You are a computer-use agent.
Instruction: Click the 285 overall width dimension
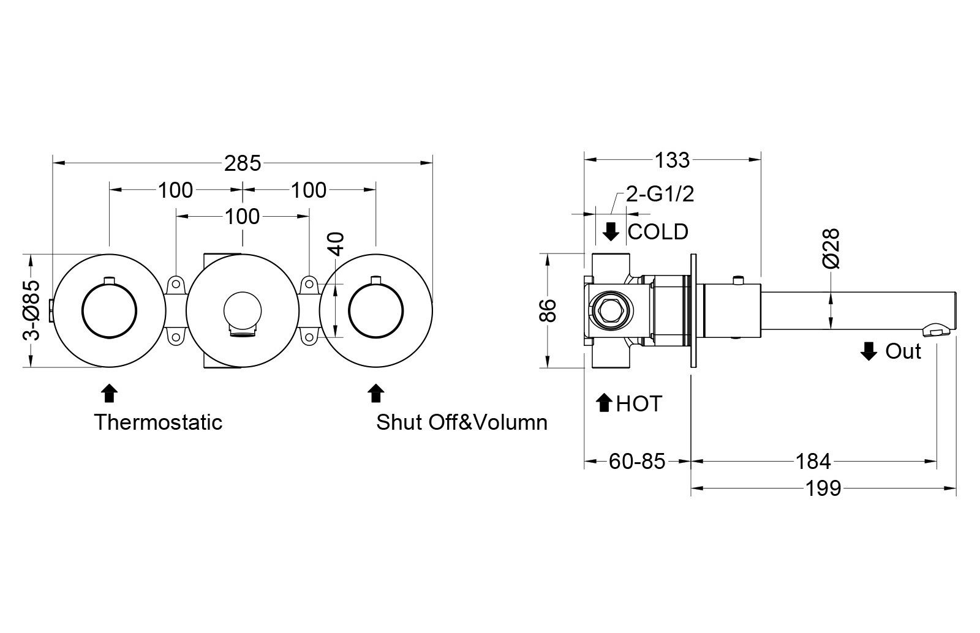click(243, 163)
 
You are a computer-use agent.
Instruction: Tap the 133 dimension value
click(672, 160)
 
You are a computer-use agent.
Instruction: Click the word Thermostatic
click(158, 422)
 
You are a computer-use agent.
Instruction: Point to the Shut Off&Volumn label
click(462, 422)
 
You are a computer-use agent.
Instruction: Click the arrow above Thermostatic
click(109, 393)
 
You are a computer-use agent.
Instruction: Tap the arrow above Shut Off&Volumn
click(375, 393)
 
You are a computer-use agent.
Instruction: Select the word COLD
click(658, 232)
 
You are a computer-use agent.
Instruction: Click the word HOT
click(639, 404)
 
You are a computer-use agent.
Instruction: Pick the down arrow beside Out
click(869, 351)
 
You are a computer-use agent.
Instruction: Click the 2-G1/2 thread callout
click(660, 195)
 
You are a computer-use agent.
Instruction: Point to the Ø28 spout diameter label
click(831, 249)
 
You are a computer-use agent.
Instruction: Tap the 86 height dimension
click(549, 310)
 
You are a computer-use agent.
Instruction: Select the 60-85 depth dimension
click(636, 461)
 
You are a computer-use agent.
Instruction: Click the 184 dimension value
click(813, 461)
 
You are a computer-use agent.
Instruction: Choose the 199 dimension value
click(823, 489)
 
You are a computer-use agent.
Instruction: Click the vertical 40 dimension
click(339, 243)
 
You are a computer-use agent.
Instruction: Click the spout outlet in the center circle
click(242, 331)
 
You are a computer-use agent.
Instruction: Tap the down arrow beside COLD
click(611, 232)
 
